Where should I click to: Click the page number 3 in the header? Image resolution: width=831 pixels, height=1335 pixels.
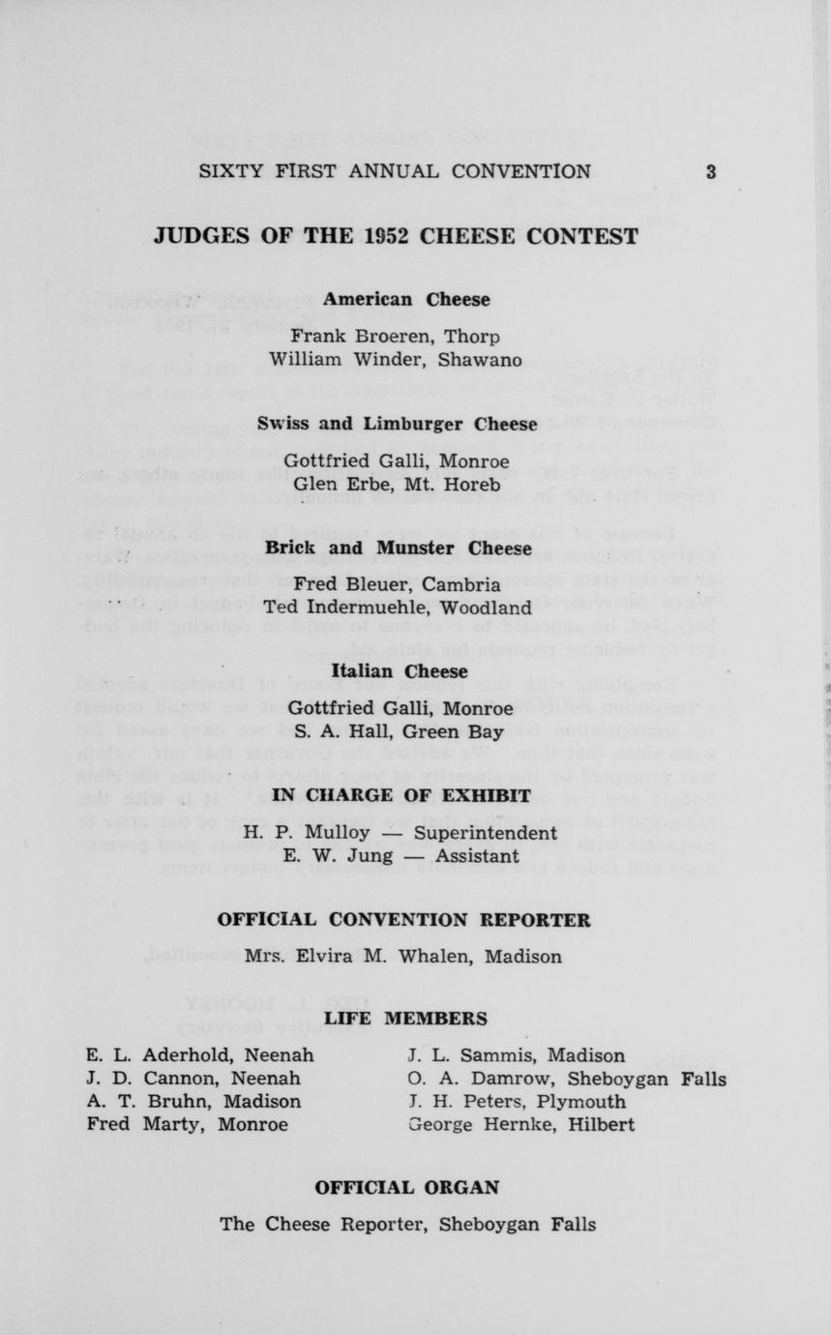coord(710,172)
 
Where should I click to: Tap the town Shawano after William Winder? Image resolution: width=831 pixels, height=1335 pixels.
coord(480,361)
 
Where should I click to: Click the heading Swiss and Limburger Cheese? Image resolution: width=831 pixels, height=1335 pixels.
coord(397,424)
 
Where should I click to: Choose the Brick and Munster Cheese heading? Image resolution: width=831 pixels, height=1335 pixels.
coord(399,549)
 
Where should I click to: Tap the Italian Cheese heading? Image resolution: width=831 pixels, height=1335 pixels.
coord(399,671)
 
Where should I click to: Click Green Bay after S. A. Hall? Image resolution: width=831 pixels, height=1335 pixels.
coord(466,732)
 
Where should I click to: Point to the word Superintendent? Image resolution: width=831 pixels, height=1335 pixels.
coord(486,833)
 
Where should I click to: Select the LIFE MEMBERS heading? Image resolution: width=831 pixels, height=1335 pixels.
coord(405,1019)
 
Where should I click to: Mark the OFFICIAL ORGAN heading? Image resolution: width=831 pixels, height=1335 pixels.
coord(407,1187)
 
